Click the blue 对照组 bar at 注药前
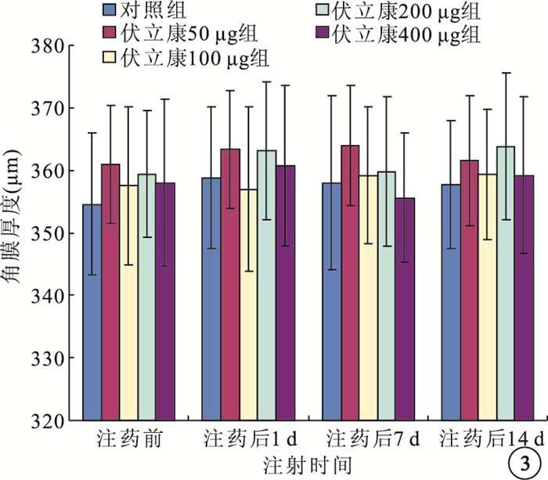[92, 313]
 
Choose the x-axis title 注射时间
[307, 464]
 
